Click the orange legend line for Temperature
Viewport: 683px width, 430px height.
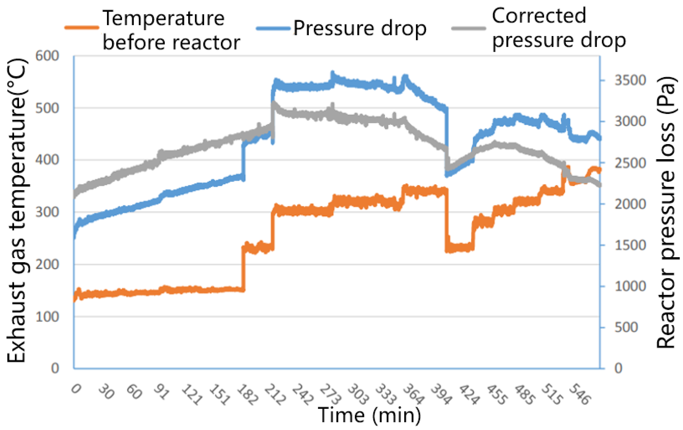click(82, 28)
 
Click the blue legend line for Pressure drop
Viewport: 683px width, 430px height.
click(273, 28)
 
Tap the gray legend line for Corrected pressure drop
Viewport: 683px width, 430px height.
click(469, 28)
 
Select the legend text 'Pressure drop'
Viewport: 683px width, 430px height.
click(360, 29)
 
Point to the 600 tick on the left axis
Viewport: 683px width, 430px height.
click(47, 56)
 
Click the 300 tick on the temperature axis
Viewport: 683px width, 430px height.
click(47, 212)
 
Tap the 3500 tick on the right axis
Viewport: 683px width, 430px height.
click(630, 80)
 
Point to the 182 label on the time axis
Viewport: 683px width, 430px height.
click(247, 395)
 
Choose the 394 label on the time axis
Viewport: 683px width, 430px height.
click(441, 395)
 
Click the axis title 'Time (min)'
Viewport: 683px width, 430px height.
click(369, 415)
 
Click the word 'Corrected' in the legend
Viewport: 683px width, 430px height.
click(539, 16)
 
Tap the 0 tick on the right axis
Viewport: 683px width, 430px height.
click(618, 369)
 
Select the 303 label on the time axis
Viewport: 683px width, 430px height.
click(358, 395)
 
